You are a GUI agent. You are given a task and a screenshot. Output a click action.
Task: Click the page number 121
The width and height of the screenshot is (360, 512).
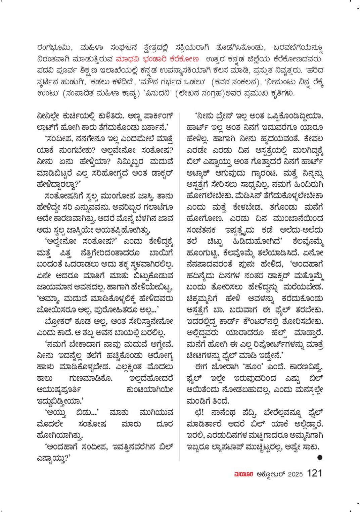pyautogui.click(x=315, y=473)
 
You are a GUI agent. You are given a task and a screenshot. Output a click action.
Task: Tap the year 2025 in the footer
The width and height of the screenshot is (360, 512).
pyautogui.click(x=295, y=474)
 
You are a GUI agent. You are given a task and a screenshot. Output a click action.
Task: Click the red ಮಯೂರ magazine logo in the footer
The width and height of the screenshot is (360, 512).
pyautogui.click(x=244, y=474)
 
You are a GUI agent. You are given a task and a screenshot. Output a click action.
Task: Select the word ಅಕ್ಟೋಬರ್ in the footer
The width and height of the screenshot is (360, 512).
pyautogui.click(x=270, y=474)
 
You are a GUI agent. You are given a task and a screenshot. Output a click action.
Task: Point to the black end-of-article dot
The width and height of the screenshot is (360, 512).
pyautogui.click(x=320, y=457)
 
